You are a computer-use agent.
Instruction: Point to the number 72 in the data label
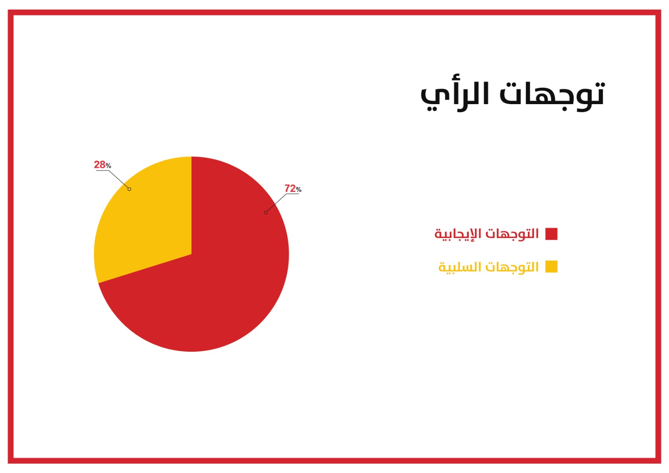point(290,189)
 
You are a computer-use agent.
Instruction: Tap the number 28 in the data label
point(100,165)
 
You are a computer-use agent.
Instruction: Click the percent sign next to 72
point(299,190)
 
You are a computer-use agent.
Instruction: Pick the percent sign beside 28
point(108,166)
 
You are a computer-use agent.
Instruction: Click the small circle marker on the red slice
point(266,212)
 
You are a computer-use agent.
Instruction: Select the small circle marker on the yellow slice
point(129,189)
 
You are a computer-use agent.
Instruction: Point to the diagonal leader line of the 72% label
point(276,203)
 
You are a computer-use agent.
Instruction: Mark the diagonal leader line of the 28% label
point(119,179)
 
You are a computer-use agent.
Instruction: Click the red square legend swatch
point(552,234)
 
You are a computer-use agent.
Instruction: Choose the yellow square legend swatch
point(552,266)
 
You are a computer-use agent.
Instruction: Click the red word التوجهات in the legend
point(512,234)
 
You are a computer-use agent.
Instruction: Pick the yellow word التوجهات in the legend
point(512,267)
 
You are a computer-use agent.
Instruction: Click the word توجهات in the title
point(552,96)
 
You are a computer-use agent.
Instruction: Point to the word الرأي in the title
point(455,96)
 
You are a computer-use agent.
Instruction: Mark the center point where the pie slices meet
point(192,254)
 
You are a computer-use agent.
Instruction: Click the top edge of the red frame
point(334,12)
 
